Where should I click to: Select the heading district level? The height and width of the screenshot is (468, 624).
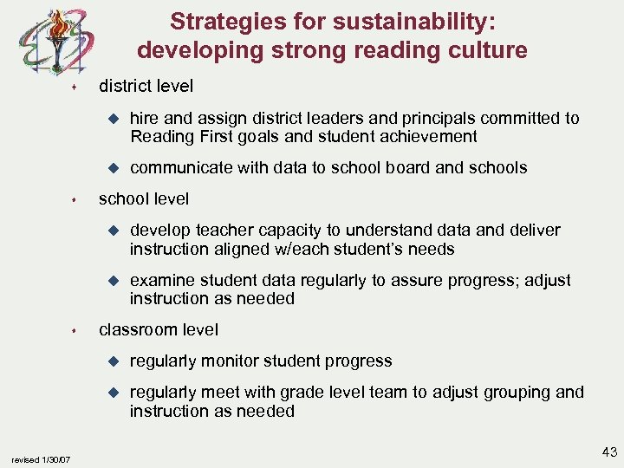point(146,86)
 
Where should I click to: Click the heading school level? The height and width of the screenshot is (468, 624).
point(143,198)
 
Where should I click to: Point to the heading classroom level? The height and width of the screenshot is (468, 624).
point(159,329)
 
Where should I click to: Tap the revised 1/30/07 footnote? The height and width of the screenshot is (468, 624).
point(42,458)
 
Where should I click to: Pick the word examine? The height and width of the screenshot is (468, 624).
point(161,280)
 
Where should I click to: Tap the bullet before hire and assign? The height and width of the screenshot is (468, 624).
point(111,118)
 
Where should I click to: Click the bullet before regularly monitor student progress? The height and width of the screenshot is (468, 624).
point(111,361)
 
